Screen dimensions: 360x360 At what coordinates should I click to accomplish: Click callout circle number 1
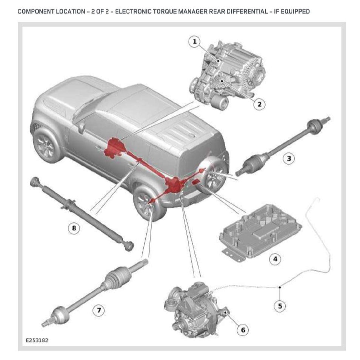coord(195,42)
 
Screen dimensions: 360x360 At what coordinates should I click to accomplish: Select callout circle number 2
coord(259,104)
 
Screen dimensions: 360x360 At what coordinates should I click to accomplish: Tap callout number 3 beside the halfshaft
coord(289,158)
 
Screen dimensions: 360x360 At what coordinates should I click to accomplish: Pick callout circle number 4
coord(275,259)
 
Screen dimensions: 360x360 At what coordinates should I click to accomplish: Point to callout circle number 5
coord(280,306)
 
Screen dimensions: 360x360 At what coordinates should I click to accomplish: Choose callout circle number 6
coord(243,330)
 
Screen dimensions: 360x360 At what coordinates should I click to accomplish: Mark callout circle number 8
coord(74,228)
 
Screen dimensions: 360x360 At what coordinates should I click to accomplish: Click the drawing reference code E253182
coord(37,340)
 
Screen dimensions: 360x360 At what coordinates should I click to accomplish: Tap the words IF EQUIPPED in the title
coord(290,11)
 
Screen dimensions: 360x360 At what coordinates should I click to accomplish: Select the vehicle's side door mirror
coord(82,127)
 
